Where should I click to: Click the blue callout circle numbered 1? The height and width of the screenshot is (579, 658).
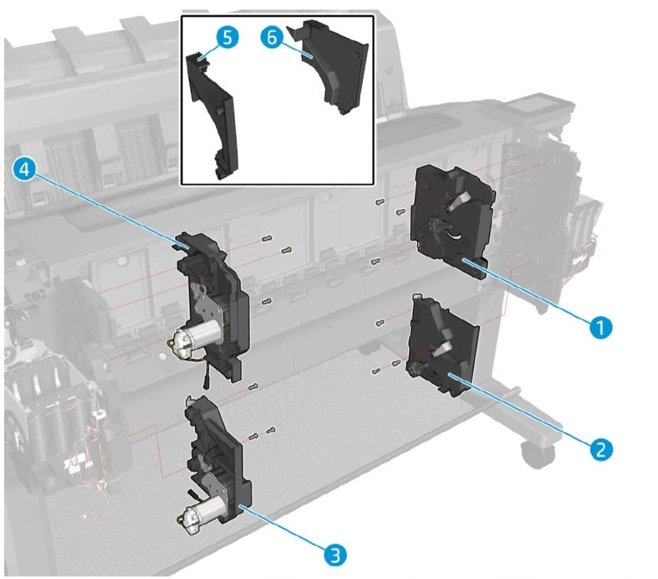point(600,327)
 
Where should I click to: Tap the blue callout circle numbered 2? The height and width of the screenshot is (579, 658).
point(601,449)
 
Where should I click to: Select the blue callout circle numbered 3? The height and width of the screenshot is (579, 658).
point(335,555)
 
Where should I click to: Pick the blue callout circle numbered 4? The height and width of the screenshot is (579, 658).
point(25,170)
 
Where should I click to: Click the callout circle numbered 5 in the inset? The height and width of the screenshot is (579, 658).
point(227,38)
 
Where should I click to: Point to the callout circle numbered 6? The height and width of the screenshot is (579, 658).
point(272,37)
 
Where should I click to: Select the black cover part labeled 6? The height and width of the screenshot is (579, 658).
point(334,67)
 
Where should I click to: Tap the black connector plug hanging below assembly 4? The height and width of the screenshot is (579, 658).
point(207,383)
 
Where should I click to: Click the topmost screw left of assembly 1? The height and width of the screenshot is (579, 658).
point(379,202)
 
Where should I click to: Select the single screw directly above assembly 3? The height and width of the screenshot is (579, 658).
point(253,386)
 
